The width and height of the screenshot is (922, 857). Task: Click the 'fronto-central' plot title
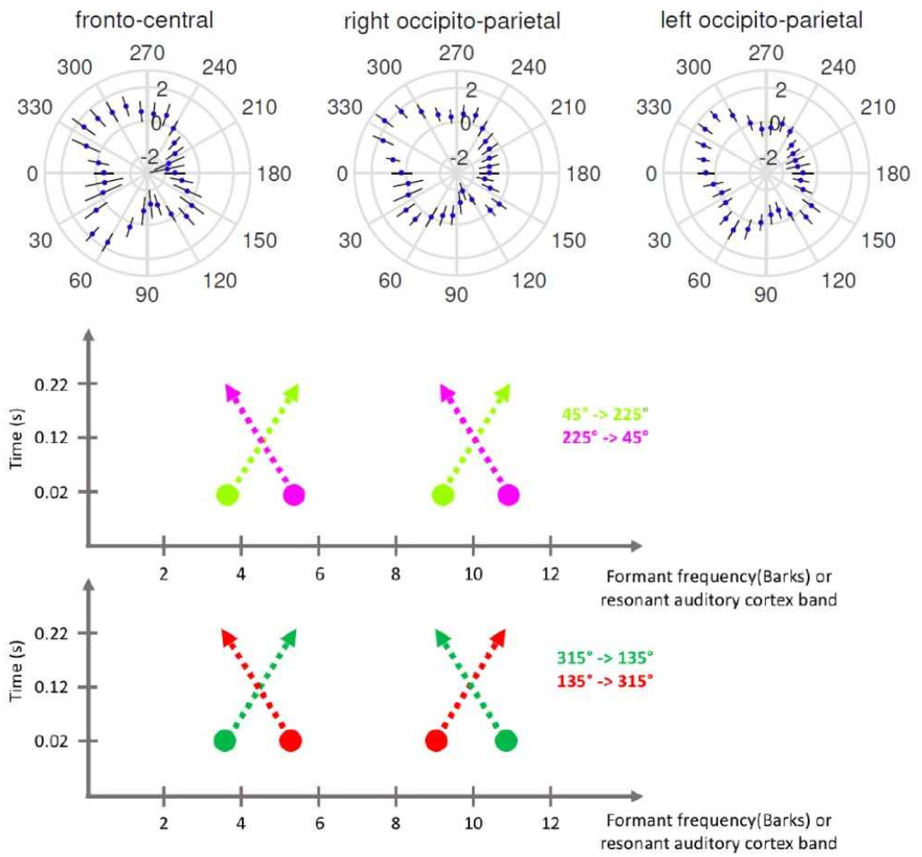(144, 20)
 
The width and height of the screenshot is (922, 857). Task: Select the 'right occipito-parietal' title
(452, 21)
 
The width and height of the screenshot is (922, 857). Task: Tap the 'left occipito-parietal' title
(761, 20)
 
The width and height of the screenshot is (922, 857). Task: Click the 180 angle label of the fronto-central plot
(274, 174)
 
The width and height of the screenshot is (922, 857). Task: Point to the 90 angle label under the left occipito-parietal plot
(765, 295)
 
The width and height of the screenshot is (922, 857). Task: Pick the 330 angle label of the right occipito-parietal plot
(345, 107)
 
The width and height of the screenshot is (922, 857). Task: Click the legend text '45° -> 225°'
(605, 414)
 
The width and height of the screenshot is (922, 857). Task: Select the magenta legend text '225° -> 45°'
(605, 437)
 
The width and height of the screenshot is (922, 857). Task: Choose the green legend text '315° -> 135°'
(605, 658)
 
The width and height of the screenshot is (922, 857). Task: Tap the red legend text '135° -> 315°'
(605, 681)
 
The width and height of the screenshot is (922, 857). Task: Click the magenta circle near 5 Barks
(294, 495)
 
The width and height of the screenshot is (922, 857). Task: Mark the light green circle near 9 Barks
(443, 495)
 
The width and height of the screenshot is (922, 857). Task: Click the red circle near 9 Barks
(436, 741)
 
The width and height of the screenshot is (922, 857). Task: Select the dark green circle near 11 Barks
(506, 741)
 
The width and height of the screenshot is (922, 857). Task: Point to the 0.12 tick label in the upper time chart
(51, 438)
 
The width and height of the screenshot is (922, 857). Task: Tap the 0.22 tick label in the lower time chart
(51, 634)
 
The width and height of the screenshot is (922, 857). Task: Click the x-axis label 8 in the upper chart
(395, 574)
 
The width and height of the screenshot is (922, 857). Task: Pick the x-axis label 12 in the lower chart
(550, 824)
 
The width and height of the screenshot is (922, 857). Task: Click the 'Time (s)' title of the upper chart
(16, 438)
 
